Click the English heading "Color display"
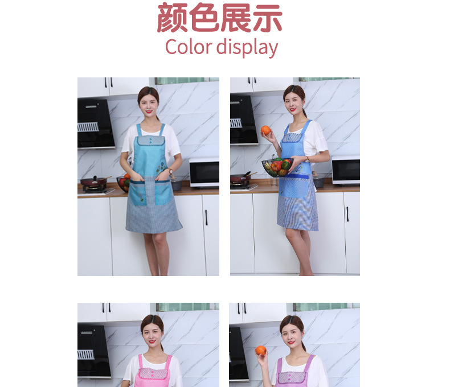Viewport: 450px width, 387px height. click(x=222, y=47)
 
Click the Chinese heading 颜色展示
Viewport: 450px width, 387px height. click(x=220, y=18)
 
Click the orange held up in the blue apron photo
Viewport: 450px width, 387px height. click(x=265, y=130)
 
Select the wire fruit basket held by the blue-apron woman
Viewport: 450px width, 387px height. click(x=277, y=166)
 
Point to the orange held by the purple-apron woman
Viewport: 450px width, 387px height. click(x=260, y=351)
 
